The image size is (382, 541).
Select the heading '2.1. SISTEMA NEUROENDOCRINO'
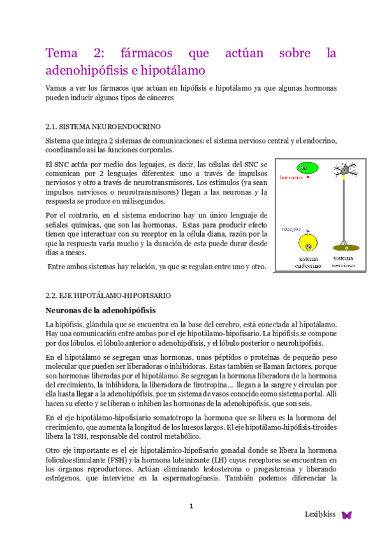(103, 126)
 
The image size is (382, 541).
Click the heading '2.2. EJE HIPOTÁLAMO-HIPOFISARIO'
(109, 296)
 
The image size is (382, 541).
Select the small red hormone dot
(308, 179)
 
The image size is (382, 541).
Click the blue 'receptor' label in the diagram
(291, 226)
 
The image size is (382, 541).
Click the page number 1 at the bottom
(190, 505)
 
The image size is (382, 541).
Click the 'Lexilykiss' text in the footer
(320, 514)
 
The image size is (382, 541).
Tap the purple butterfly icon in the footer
(347, 514)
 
